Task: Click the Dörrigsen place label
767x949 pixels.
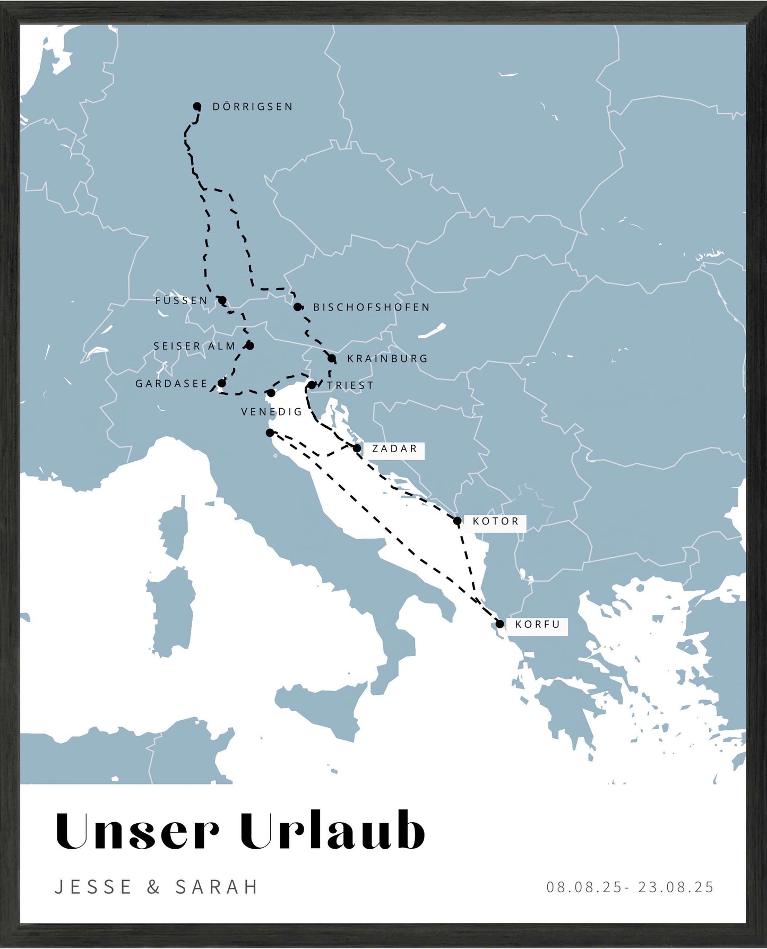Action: point(253,107)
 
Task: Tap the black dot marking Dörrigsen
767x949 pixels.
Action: point(197,106)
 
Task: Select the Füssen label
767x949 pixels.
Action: point(182,300)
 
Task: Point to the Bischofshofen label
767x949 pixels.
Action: point(372,307)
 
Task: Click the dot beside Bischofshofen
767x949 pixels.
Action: point(298,307)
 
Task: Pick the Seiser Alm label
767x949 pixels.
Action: point(194,346)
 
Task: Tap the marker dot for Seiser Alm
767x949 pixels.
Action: point(250,346)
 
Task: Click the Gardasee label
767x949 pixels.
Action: point(171,384)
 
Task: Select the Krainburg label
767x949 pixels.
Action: point(387,359)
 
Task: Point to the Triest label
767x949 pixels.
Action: point(350,385)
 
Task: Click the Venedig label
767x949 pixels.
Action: point(272,412)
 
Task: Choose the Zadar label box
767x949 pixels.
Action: point(394,449)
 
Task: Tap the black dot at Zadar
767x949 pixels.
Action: point(357,448)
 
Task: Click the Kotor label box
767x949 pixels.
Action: point(496,521)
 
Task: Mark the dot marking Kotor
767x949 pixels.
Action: point(458,521)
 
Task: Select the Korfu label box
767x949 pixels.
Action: point(538,625)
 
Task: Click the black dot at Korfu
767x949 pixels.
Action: point(499,624)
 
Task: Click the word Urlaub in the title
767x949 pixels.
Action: point(332,831)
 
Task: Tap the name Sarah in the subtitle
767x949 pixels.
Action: point(217,887)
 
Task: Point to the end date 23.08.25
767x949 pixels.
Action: point(676,887)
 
